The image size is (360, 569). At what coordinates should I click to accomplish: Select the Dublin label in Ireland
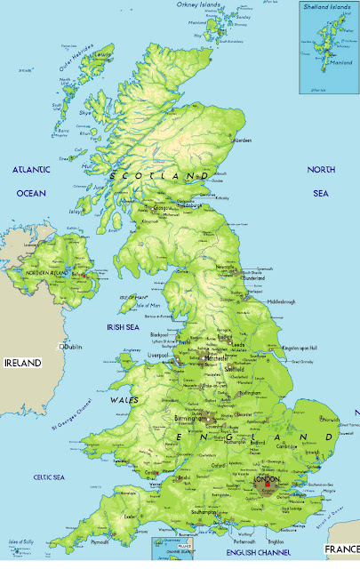(74, 346)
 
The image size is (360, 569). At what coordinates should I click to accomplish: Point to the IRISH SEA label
(124, 327)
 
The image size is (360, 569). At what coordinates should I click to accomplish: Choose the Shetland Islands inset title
(326, 7)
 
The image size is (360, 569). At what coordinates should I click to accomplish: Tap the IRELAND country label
(24, 363)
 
